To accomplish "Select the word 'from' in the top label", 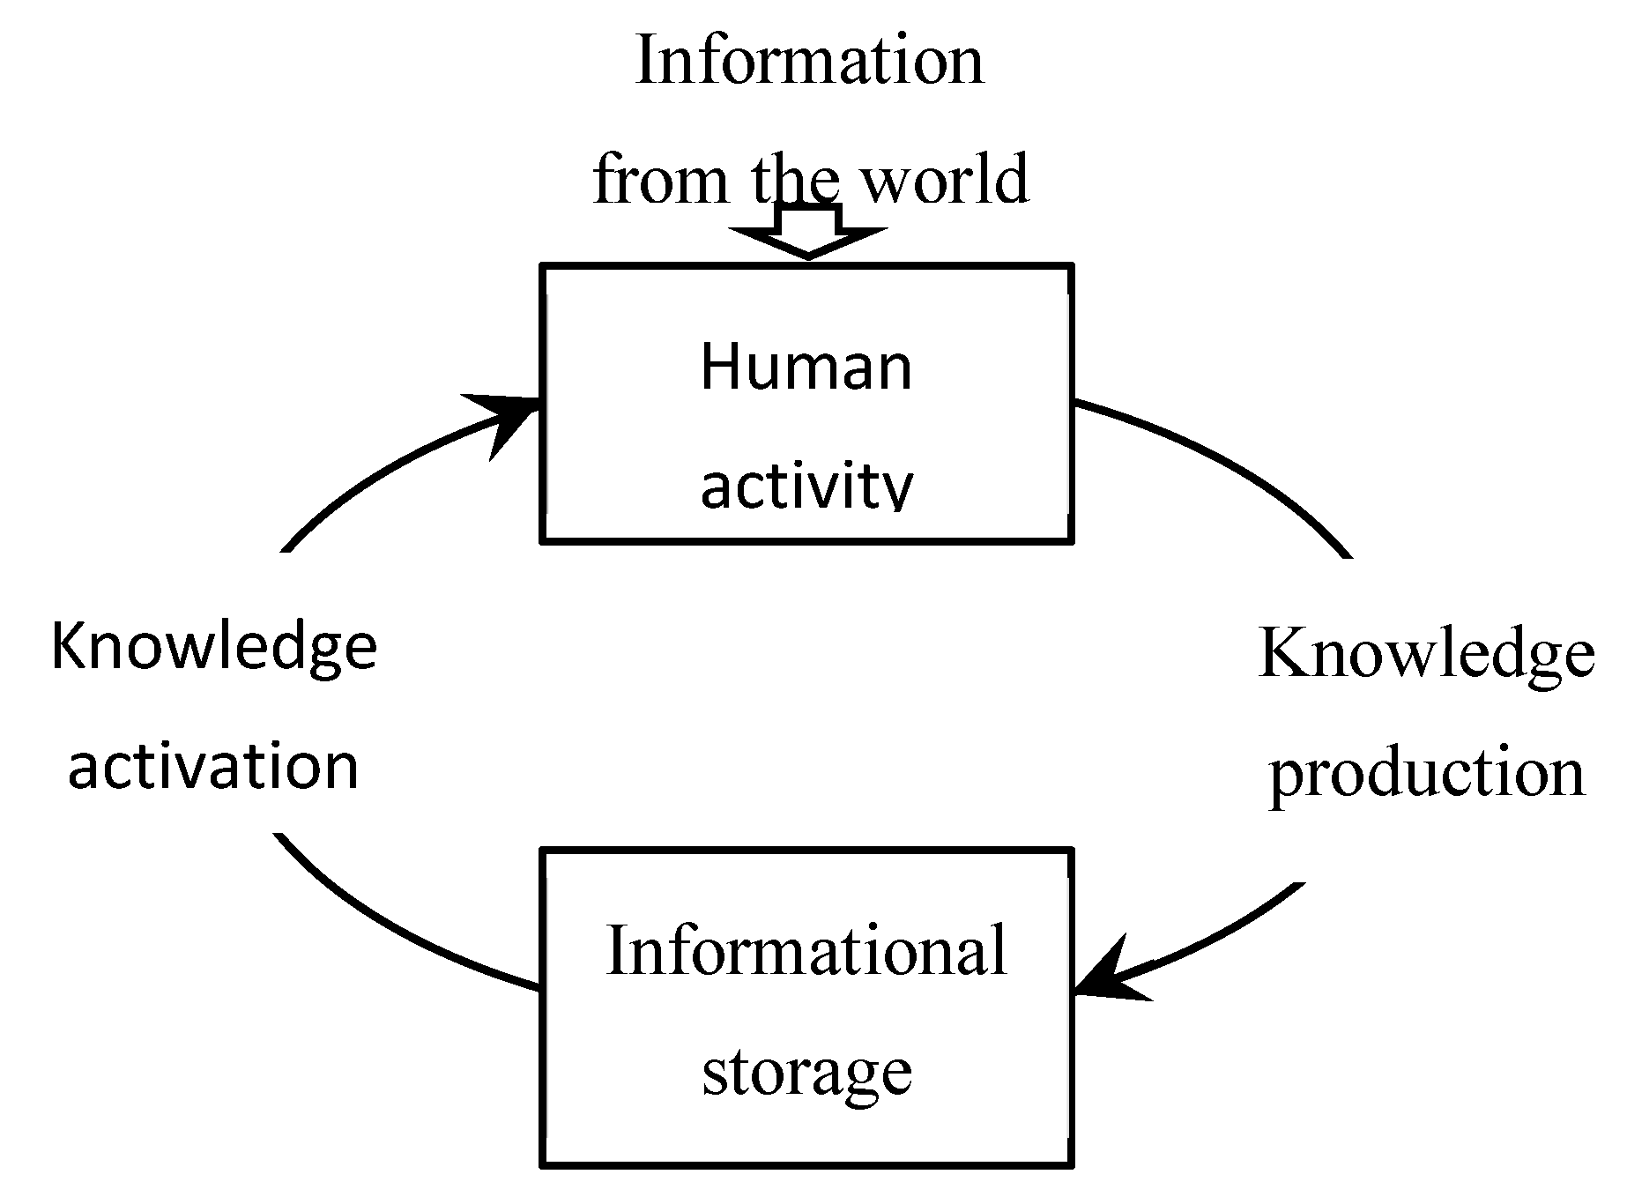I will click(661, 179).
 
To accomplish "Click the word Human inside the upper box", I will click(806, 367).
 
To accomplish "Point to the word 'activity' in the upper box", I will click(806, 487).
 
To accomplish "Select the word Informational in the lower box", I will click(806, 951).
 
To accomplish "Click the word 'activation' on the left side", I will click(213, 766).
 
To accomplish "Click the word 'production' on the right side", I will click(1426, 773).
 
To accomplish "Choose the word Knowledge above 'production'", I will click(1426, 654).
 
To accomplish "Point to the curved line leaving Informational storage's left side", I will click(397, 934).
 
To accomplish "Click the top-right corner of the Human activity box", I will click(1071, 266).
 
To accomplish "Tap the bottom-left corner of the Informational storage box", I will click(542, 1165).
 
